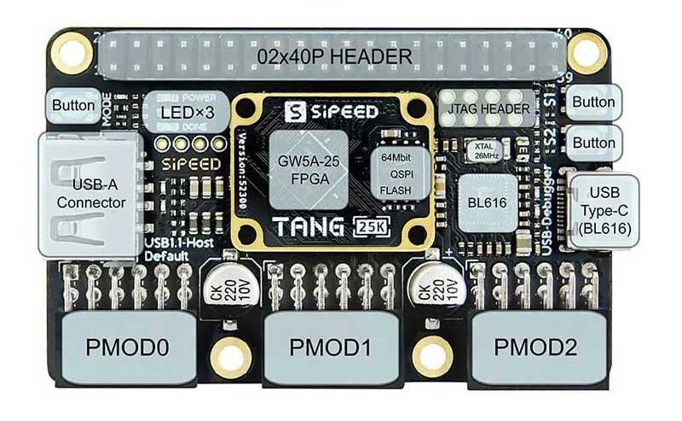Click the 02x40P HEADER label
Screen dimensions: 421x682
pos(335,57)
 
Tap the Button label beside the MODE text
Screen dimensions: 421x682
pos(73,106)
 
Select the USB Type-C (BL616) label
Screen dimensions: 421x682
pos(604,210)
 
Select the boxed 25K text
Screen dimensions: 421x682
pos(373,228)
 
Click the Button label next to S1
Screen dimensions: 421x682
pos(594,102)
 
